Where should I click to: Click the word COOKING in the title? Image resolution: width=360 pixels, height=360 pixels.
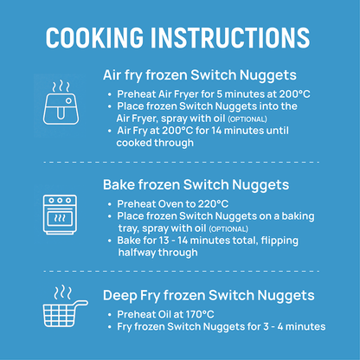click(102, 37)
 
